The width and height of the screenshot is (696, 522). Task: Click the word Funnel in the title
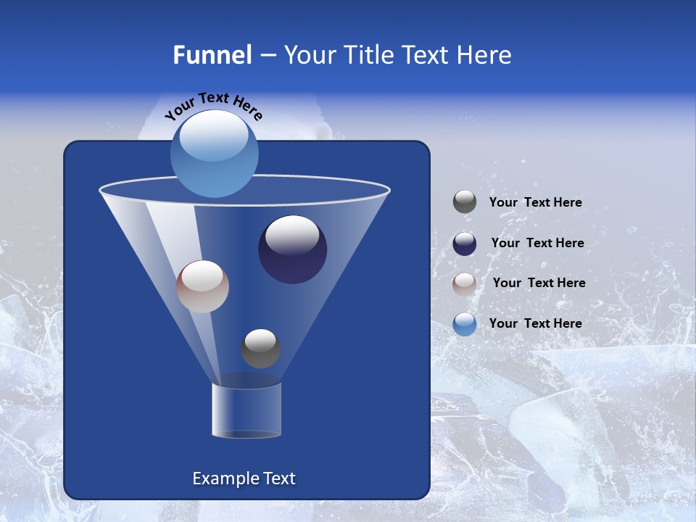coord(212,55)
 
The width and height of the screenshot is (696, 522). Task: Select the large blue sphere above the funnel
coord(214,154)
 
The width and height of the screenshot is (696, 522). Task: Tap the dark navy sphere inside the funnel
coord(292,249)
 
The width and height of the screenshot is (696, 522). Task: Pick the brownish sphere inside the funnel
coord(202,286)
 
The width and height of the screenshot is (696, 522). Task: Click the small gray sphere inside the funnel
coord(260,348)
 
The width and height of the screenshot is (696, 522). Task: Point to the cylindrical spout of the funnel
coord(246,410)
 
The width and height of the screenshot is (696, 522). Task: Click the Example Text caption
coord(244,478)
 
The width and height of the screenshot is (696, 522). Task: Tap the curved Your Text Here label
coord(213,105)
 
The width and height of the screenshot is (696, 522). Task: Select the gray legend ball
coord(465,202)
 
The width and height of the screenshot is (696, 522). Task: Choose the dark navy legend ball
coord(465,244)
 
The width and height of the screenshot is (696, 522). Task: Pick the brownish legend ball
coord(465,283)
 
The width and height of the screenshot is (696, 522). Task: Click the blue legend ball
coord(465,324)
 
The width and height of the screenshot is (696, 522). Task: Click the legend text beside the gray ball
coord(535,203)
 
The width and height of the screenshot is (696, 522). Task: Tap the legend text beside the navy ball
coord(537,244)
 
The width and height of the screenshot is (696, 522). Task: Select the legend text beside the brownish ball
coord(539,283)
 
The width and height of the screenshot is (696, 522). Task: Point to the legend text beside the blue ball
coord(535,324)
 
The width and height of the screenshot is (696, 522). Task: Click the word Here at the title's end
coord(486,55)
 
